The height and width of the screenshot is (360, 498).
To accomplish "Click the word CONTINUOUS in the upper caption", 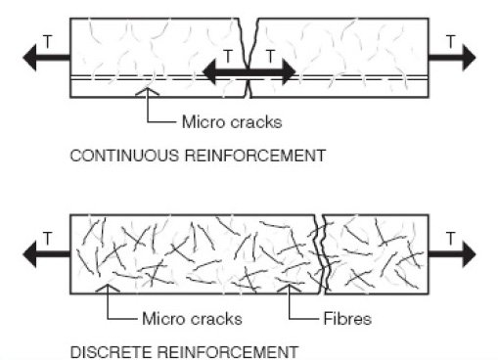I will coord(108,155).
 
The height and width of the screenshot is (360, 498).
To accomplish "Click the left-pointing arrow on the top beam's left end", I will coord(44,59).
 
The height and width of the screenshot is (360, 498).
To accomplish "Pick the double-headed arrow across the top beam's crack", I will coord(249,71).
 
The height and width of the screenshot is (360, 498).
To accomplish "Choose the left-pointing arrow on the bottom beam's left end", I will coord(44,253).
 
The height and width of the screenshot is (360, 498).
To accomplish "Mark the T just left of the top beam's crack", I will coord(228,55).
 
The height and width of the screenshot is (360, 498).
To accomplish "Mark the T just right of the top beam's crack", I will coord(270,55).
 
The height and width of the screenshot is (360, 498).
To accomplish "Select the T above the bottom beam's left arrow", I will coord(46,237).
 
